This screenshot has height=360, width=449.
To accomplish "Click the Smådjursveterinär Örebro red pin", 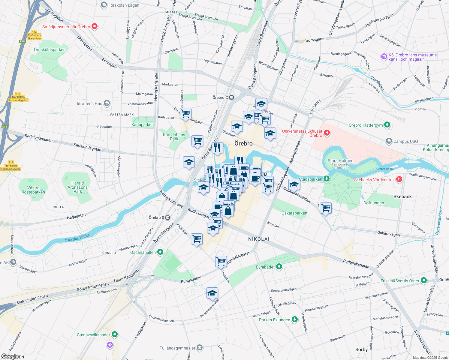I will [x=95, y=27].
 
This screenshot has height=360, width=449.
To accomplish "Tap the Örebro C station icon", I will [x=231, y=97].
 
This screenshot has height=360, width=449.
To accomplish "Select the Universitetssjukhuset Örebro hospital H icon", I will [x=327, y=133].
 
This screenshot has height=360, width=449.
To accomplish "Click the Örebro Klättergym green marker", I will [x=387, y=125].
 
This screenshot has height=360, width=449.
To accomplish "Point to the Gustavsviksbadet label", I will [x=93, y=335].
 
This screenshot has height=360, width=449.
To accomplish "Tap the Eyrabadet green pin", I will [x=279, y=267].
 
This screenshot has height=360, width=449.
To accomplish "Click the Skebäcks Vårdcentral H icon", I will [x=399, y=179].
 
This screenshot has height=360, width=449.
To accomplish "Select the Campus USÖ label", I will [x=405, y=141].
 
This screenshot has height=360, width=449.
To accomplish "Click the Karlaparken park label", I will [x=143, y=124].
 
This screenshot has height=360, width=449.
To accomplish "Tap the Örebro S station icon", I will [x=168, y=217].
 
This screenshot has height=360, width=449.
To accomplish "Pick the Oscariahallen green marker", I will [x=160, y=252].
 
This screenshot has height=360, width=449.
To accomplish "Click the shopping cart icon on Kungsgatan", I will [x=221, y=261].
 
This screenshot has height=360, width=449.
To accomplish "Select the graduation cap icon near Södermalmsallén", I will [x=212, y=293].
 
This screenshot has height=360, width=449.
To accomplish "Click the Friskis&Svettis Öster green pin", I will [x=424, y=280].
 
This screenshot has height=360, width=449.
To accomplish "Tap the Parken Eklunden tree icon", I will [x=295, y=319].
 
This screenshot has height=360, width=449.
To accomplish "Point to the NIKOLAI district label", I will [x=259, y=239].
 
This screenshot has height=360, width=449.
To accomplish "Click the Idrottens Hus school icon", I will [x=107, y=103].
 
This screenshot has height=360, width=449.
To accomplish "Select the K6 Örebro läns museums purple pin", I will [x=384, y=56].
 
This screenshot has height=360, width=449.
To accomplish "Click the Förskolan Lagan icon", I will [x=104, y=5].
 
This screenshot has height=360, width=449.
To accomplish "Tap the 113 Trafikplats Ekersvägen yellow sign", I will [x=34, y=35].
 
